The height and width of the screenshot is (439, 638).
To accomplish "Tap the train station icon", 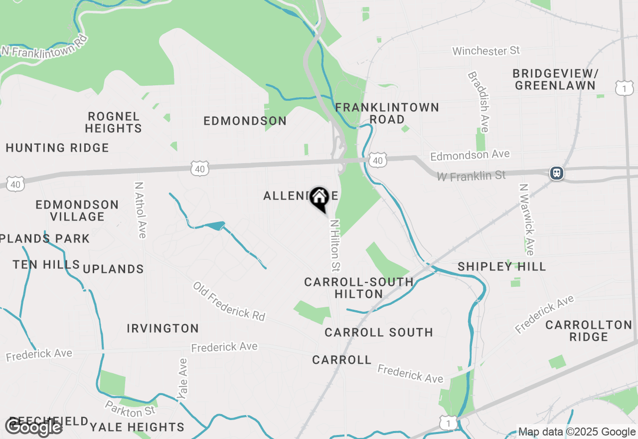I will (557, 173).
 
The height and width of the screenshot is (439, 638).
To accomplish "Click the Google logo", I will (33, 427).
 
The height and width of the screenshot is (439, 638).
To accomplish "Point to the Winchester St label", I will (486, 50).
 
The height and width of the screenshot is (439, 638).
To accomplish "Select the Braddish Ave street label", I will (478, 102).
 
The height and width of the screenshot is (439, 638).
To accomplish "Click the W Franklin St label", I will (471, 176).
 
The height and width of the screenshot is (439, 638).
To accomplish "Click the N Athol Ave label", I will (140, 210).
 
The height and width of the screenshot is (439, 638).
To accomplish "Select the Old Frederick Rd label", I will (229, 301).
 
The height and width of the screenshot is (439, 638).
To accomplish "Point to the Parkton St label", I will (130, 409).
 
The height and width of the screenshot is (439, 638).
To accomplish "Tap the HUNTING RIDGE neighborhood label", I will (57, 148).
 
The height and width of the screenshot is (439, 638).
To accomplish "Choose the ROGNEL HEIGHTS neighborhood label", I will (113, 122).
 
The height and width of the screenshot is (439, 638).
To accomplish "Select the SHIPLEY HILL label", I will (501, 266).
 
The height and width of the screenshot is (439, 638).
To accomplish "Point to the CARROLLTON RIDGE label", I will (589, 331).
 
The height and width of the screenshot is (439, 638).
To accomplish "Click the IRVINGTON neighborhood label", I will (162, 328).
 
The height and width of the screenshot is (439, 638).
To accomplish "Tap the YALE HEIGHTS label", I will (137, 427).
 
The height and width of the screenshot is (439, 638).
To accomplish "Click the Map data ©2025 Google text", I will (577, 432).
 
